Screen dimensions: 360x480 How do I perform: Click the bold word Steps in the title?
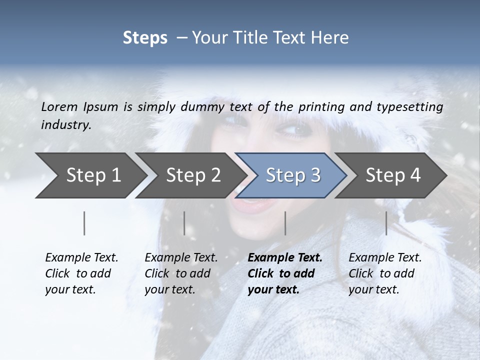coord(145,37)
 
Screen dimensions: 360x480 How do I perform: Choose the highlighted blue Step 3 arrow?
coord(293,175)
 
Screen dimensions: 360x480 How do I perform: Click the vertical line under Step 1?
coord(84,223)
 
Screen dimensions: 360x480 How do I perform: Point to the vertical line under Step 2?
coord(184,223)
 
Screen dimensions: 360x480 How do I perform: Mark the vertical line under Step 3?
coord(285,223)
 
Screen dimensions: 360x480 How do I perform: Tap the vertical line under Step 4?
coord(386,223)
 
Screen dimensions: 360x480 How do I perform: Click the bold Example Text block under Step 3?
coord(285,273)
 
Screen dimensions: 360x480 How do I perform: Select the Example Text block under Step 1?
coord(81,273)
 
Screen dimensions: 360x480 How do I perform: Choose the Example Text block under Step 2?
coord(181,273)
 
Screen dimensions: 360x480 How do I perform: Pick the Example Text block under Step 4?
coord(385,273)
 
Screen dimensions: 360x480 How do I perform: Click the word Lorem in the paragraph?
coord(59,106)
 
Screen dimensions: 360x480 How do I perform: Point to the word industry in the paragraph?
coord(66,124)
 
